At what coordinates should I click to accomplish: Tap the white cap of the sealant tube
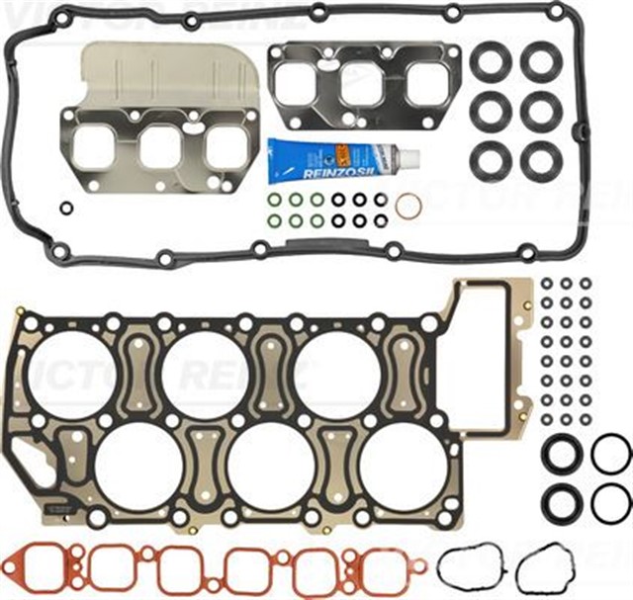[409, 157]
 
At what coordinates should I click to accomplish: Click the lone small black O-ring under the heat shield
[65, 209]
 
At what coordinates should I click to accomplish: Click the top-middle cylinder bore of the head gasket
[204, 374]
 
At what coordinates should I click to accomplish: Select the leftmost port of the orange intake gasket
[44, 567]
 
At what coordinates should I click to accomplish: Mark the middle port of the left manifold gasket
[160, 147]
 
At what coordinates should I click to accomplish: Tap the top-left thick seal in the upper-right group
[491, 62]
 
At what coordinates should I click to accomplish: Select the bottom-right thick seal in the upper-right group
[542, 160]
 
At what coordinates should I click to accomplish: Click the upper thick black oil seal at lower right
[562, 456]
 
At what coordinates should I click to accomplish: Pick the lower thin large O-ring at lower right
[610, 504]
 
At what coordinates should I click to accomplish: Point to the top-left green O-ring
[274, 199]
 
